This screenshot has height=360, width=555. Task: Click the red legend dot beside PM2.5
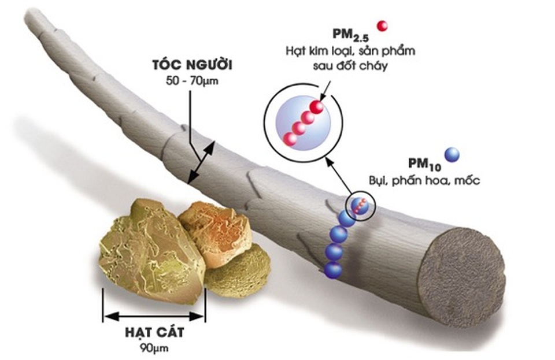point(382,25)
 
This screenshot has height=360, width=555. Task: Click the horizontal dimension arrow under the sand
point(153,316)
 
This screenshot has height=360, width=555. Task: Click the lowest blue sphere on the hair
point(333,269)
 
